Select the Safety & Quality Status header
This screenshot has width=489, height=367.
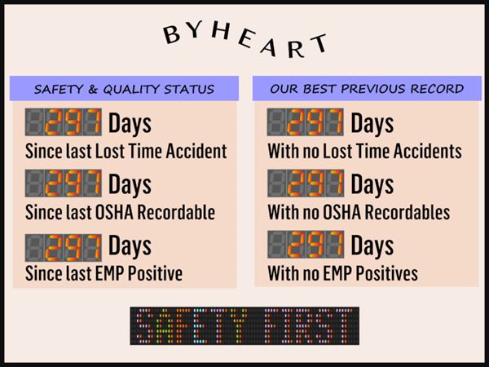124,89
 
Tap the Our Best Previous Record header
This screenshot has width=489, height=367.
367,89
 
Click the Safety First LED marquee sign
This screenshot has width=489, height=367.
244,325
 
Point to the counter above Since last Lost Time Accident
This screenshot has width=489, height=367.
64,122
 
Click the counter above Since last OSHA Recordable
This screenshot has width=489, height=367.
64,183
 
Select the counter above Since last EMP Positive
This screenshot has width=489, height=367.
64,247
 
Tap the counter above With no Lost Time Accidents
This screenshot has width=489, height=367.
306,122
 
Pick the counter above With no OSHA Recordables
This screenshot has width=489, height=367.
306,183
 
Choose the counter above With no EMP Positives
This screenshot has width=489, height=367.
306,245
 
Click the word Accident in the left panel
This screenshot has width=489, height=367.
196,152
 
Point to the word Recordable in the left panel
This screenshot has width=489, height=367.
176,213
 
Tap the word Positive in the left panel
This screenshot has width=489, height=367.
156,274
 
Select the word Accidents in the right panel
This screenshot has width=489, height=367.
428,152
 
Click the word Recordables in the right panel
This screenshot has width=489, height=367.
407,213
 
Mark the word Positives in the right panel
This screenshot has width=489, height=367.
386,274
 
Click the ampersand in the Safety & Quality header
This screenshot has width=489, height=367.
93,90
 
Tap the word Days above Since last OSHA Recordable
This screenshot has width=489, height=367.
130,185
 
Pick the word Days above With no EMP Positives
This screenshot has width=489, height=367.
372,246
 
